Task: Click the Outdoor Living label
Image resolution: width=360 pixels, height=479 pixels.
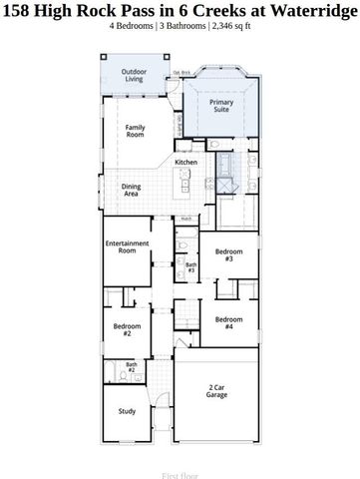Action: coord(134,78)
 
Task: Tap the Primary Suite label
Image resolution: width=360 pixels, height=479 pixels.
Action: coord(220,106)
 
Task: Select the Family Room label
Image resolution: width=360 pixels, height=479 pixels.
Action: coord(135,132)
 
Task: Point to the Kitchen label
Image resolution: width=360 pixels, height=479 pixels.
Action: coord(186,163)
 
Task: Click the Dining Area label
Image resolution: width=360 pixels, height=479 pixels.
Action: coord(131,189)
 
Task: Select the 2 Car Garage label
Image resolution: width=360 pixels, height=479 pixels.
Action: coord(217,391)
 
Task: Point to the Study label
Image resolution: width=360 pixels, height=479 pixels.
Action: coord(127,410)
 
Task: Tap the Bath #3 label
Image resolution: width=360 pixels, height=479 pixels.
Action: coord(191,267)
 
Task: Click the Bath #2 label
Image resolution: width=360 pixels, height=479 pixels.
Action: coord(132,367)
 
